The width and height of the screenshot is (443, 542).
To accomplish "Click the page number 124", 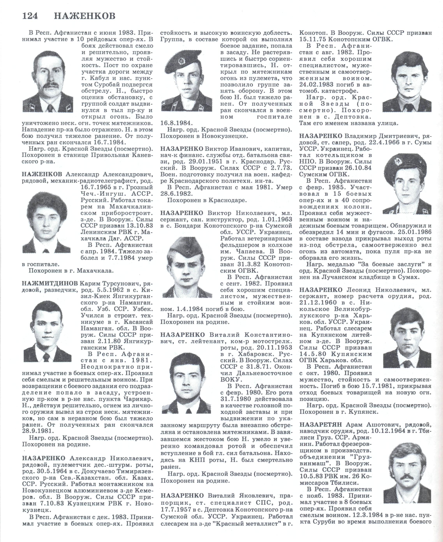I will point(30,16).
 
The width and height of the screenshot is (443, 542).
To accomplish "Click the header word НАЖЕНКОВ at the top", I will point(85,16).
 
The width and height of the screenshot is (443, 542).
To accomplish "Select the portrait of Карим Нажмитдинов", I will point(48,332).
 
